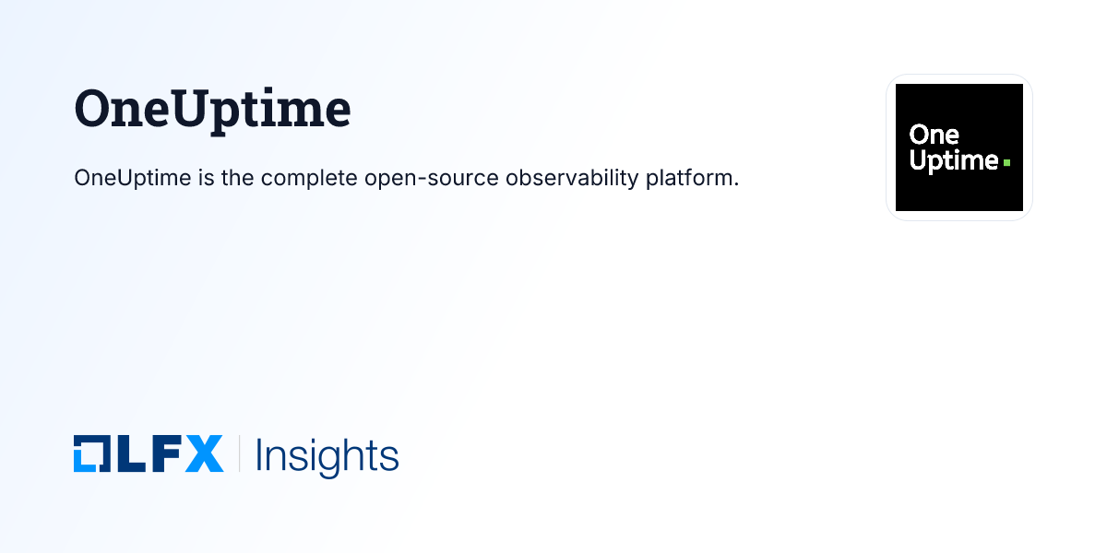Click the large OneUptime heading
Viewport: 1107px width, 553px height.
click(x=212, y=109)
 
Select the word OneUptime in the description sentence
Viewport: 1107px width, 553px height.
click(x=132, y=178)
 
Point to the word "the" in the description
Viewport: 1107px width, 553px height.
click(x=238, y=178)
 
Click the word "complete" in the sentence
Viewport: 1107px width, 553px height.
click(x=309, y=178)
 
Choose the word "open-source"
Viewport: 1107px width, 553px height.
click(x=432, y=178)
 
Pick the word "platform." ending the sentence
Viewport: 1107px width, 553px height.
click(x=692, y=178)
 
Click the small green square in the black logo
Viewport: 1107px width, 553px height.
click(x=1006, y=162)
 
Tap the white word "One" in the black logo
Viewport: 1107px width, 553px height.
click(x=934, y=135)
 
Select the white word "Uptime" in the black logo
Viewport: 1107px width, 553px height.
click(x=953, y=160)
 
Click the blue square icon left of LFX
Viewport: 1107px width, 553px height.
click(x=90, y=454)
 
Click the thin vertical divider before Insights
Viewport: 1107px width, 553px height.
click(x=240, y=454)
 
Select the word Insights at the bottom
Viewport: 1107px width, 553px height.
click(x=327, y=456)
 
